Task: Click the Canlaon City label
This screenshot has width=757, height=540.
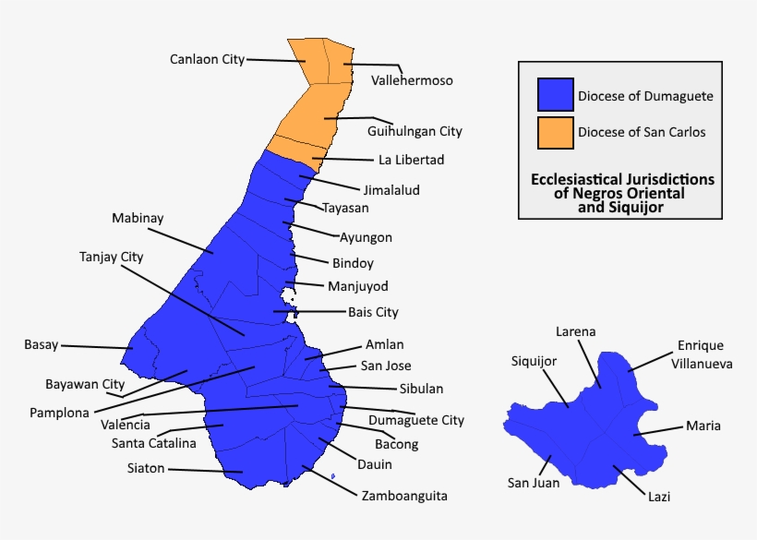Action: (207, 59)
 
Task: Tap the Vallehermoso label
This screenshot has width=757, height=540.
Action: (412, 80)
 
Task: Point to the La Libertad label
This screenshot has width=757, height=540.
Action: (411, 160)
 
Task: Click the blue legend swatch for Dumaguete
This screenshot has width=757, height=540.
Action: (555, 95)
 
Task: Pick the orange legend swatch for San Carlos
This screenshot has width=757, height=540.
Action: (555, 131)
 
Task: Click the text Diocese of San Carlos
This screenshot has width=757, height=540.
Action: (642, 132)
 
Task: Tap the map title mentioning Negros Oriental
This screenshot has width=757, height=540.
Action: (620, 194)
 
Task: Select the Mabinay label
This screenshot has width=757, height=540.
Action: (138, 219)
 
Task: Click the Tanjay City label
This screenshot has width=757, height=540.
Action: (112, 257)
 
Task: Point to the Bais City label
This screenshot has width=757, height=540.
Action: (373, 312)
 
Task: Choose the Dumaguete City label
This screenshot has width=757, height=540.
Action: (416, 420)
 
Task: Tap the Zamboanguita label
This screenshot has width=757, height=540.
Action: (404, 496)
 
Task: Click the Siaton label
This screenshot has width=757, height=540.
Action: (146, 468)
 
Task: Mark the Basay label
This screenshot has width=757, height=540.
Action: (41, 345)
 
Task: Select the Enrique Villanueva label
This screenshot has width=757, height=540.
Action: (704, 354)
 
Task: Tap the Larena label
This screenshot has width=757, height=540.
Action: (575, 331)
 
